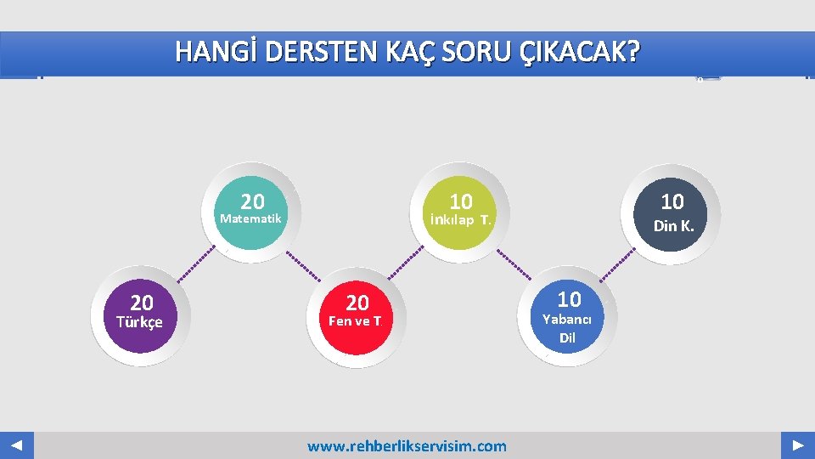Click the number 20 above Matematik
pos(252,201)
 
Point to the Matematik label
pos(250,218)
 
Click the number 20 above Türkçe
pos(142,303)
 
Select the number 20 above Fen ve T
pos(357,303)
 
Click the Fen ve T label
pos(355,321)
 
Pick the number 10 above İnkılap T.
pos(461,201)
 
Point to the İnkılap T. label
pos(460,221)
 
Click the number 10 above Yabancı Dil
pos(569,299)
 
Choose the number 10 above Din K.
pos(672,201)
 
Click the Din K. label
pos(673,226)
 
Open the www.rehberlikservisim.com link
pos(407,446)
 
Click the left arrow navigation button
pos(17,445)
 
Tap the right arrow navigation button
pos(798,445)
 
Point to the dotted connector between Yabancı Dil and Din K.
pos(617,263)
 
